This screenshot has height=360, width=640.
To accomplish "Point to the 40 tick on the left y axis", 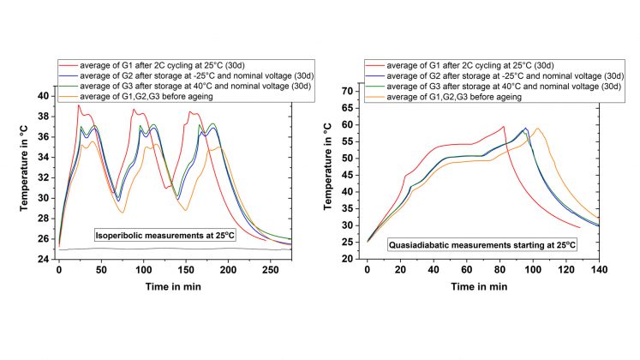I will click(45, 96).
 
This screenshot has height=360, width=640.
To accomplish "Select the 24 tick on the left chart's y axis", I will click(45, 258).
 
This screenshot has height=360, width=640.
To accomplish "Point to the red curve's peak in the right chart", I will click(504, 127).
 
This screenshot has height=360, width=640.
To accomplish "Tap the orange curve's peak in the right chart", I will click(537, 129).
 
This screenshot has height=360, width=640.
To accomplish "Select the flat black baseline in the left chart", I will click(171, 249).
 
